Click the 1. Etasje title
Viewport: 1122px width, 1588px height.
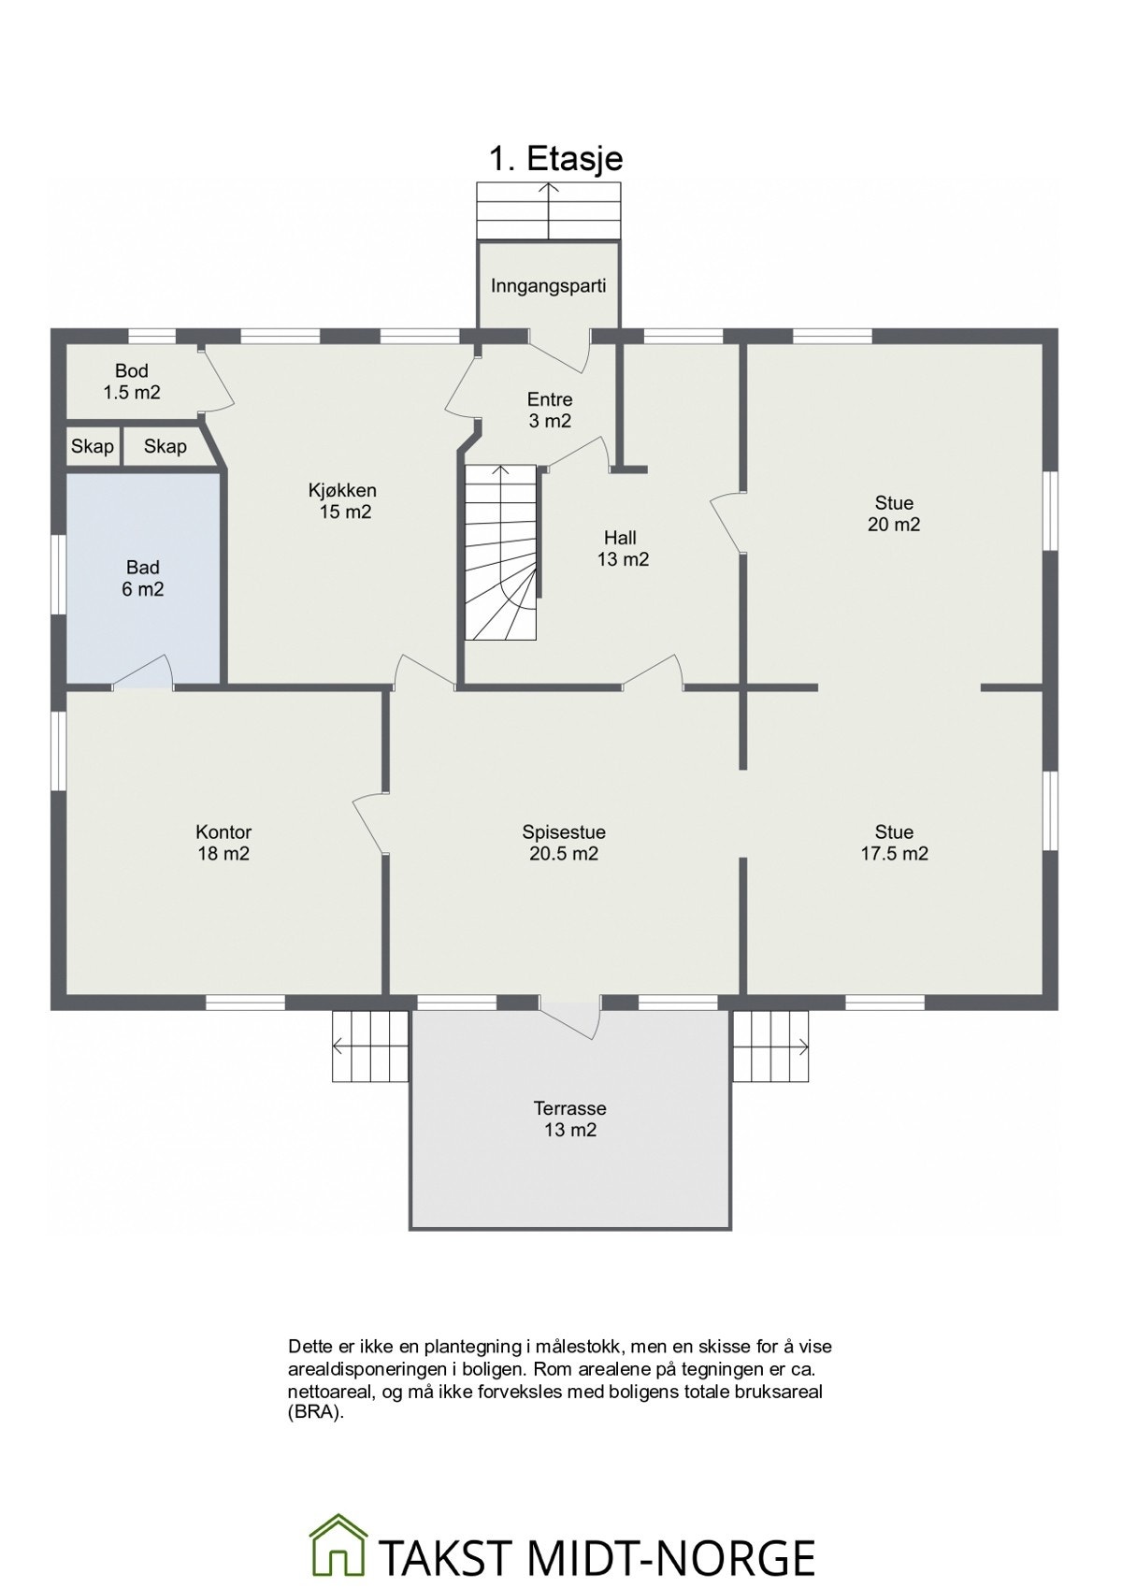click(x=556, y=158)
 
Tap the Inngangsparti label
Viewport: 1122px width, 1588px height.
click(x=549, y=286)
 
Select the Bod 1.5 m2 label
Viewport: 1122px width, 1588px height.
click(x=132, y=382)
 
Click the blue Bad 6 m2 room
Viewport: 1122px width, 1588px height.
click(x=142, y=578)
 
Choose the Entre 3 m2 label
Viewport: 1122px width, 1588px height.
click(x=549, y=410)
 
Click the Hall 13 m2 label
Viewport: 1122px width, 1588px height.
click(x=623, y=548)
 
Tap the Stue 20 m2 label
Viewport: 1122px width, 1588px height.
click(x=894, y=513)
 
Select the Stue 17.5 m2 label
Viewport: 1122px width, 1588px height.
click(x=894, y=843)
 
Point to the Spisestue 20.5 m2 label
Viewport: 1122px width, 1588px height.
click(x=564, y=843)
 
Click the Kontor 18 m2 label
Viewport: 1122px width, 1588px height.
click(x=223, y=843)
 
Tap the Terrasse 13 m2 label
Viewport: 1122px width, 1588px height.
click(x=569, y=1119)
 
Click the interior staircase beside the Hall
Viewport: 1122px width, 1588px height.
click(x=500, y=553)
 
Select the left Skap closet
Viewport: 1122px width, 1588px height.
click(x=93, y=447)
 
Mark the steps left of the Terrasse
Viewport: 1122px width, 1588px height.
click(x=370, y=1046)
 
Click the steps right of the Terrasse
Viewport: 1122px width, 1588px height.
click(x=770, y=1046)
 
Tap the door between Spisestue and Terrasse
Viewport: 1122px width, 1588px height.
click(x=571, y=1016)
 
